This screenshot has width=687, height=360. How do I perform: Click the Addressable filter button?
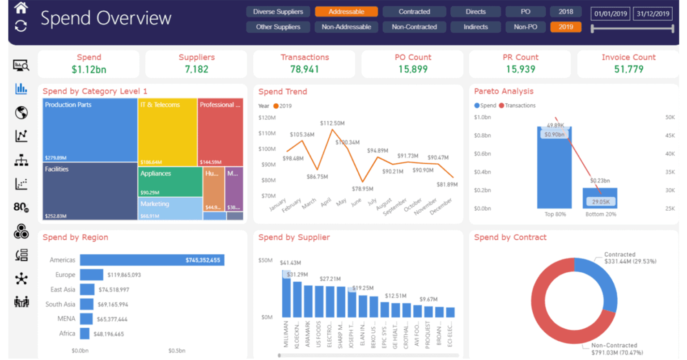[346, 12]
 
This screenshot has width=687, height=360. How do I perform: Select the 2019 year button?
[565, 27]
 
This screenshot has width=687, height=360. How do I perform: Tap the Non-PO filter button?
[525, 27]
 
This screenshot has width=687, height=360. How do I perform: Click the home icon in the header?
[21, 8]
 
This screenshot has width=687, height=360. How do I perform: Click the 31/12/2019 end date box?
[653, 14]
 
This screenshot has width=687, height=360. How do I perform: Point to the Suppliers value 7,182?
[196, 69]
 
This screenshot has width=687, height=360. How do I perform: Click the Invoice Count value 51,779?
[628, 69]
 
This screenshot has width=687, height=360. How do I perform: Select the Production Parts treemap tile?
[89, 130]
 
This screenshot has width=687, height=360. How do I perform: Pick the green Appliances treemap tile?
[170, 182]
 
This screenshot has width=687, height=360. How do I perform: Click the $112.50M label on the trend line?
[332, 123]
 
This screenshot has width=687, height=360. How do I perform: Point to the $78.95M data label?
[362, 189]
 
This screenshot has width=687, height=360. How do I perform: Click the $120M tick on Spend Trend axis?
[267, 118]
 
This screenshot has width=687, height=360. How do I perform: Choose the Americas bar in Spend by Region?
[152, 260]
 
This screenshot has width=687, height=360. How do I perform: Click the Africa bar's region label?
[67, 333]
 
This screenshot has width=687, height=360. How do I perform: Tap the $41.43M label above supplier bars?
[290, 263]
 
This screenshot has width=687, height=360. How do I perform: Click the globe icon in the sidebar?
[21, 112]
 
